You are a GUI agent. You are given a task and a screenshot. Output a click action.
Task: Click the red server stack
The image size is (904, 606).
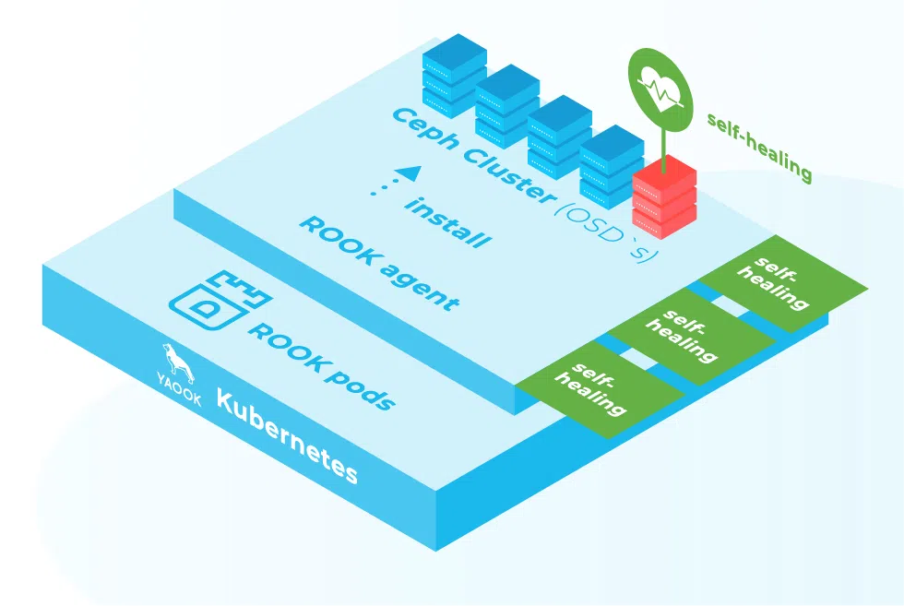pyautogui.click(x=663, y=195)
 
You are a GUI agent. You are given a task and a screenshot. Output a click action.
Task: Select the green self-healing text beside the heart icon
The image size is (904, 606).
pyautogui.click(x=759, y=147)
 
